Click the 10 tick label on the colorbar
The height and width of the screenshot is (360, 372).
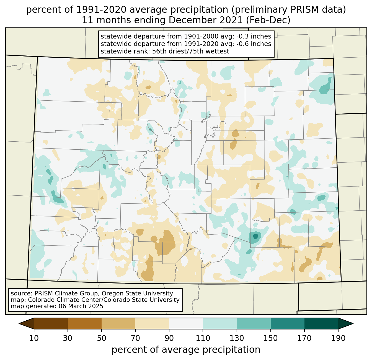click(x=34, y=338)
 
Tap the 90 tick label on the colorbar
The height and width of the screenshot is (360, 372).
click(x=169, y=338)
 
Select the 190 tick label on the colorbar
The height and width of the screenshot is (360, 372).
click(x=338, y=338)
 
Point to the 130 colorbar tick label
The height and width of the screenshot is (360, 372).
click(x=237, y=338)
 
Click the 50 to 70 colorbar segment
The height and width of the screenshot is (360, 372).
click(x=118, y=323)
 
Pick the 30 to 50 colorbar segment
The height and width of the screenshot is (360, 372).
click(x=85, y=323)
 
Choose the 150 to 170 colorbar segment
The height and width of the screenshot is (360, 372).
click(x=288, y=323)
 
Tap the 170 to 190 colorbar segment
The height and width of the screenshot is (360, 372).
click(x=321, y=323)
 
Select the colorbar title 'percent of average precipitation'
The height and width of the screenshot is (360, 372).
click(x=186, y=350)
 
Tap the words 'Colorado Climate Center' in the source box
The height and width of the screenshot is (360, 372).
click(x=61, y=300)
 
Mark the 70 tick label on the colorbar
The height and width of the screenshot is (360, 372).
click(x=135, y=338)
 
